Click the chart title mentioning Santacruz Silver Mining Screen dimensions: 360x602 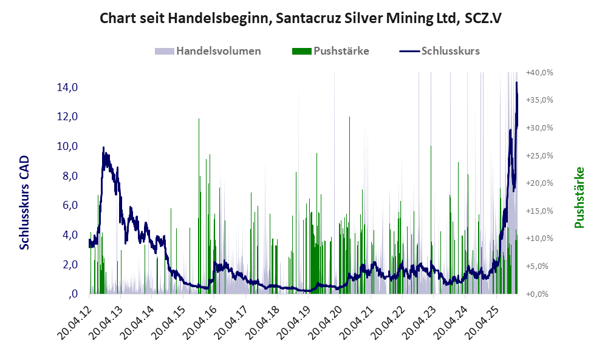(x=301, y=18)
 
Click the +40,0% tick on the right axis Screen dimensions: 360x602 (x=540, y=72)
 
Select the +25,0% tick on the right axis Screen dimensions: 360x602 (x=540, y=155)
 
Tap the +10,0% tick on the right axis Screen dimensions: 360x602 (x=540, y=239)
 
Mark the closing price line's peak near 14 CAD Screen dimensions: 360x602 (x=516, y=83)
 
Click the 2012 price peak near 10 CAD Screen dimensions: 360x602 (x=103, y=148)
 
